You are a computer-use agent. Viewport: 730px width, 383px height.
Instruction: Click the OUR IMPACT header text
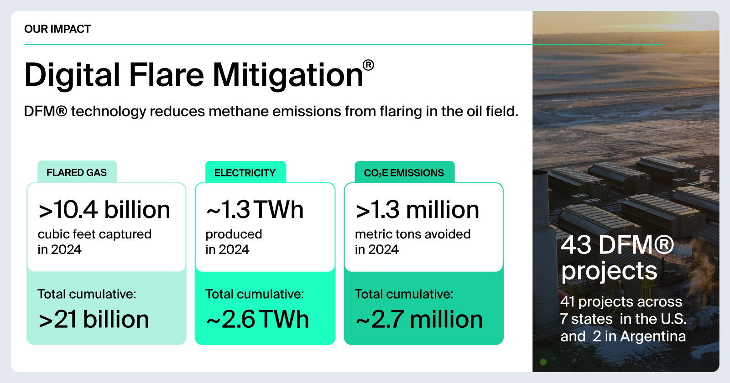click(x=57, y=29)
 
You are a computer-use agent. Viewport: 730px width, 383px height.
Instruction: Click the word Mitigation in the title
click(x=288, y=75)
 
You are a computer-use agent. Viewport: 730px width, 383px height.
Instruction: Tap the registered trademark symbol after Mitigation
click(x=368, y=65)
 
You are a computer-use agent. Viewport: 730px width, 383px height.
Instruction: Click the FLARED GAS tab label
click(x=77, y=173)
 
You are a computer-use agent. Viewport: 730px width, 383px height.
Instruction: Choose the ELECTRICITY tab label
click(x=245, y=173)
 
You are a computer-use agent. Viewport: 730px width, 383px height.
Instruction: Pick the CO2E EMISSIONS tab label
click(x=404, y=173)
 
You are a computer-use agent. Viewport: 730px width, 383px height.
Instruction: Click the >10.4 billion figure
click(x=104, y=209)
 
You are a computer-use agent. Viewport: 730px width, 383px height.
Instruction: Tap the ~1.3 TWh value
click(x=255, y=209)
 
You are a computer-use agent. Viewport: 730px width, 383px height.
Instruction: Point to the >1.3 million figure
click(x=417, y=209)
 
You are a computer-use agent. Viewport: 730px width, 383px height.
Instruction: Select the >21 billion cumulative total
click(x=94, y=319)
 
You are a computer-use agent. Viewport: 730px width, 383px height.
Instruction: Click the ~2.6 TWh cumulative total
click(x=257, y=319)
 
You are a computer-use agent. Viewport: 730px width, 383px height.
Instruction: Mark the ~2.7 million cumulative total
click(x=419, y=319)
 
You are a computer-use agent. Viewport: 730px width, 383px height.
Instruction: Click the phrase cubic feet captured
click(x=94, y=234)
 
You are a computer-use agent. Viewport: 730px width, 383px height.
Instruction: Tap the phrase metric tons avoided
click(x=412, y=234)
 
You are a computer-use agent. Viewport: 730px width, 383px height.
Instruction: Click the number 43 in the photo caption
click(x=576, y=245)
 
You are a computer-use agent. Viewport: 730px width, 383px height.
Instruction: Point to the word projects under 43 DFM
click(x=609, y=271)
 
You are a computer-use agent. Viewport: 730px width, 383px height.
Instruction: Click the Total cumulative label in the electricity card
click(x=255, y=294)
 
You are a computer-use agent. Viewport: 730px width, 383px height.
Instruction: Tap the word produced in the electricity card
click(x=234, y=234)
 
